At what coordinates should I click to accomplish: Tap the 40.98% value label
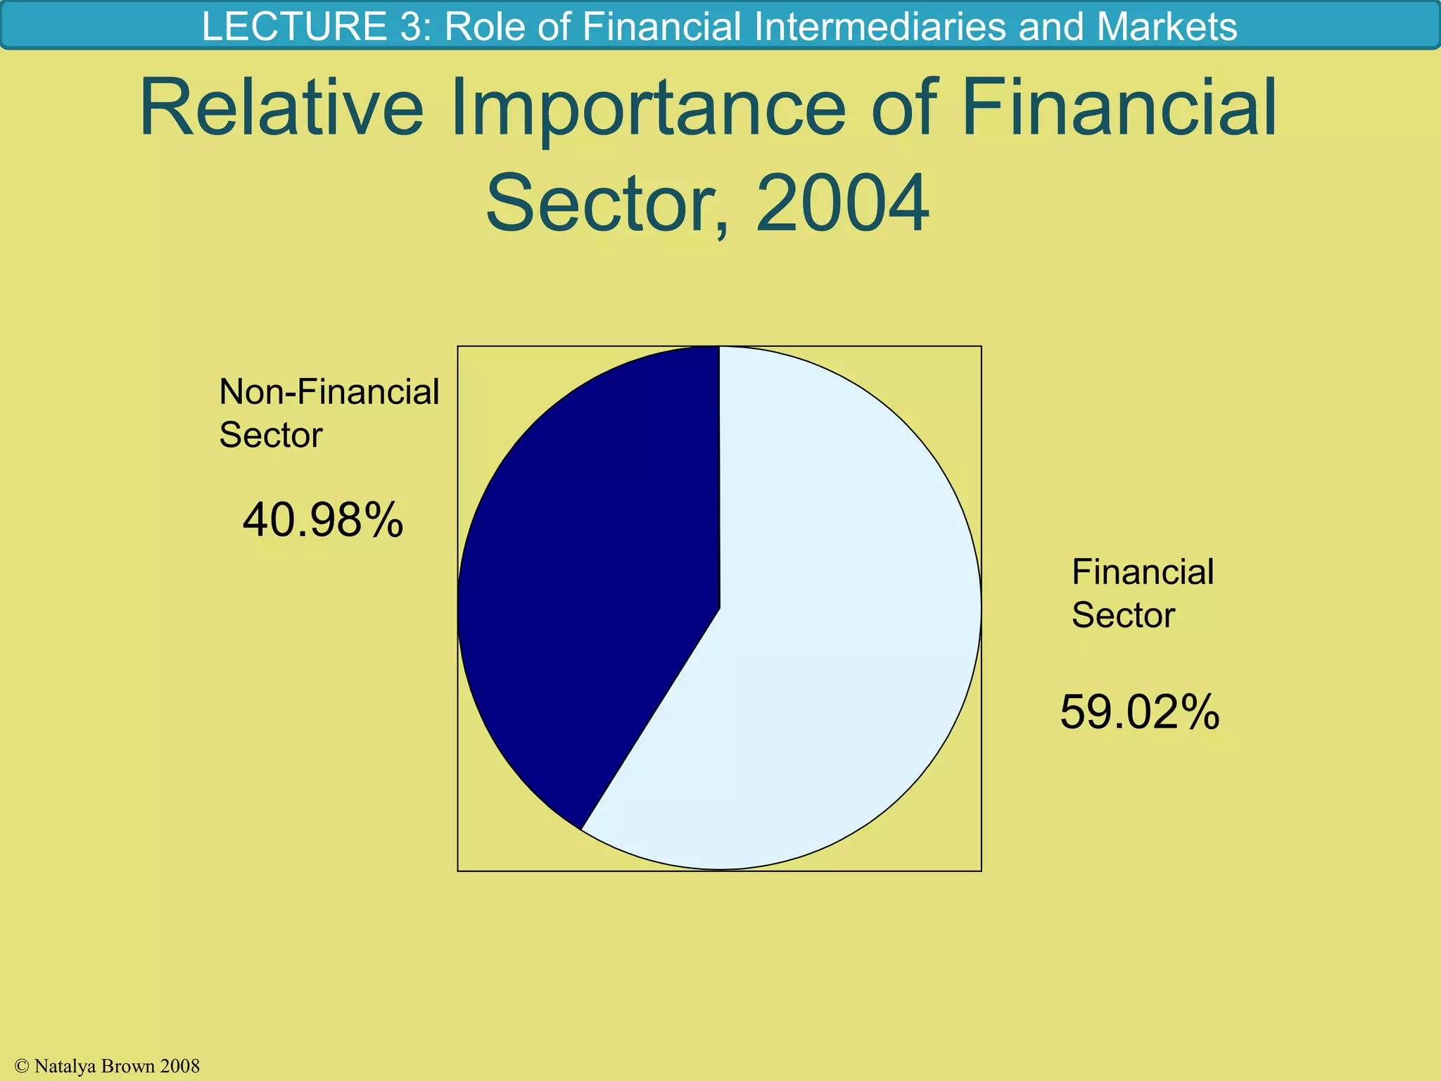[323, 521]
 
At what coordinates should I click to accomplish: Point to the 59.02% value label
[1139, 712]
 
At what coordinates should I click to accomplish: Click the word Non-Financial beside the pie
[329, 392]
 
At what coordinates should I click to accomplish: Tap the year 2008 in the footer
[180, 1067]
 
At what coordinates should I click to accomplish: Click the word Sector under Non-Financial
[270, 435]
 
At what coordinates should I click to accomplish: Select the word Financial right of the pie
[1142, 572]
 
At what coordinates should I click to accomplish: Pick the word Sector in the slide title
[605, 204]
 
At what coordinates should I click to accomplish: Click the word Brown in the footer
[127, 1067]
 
